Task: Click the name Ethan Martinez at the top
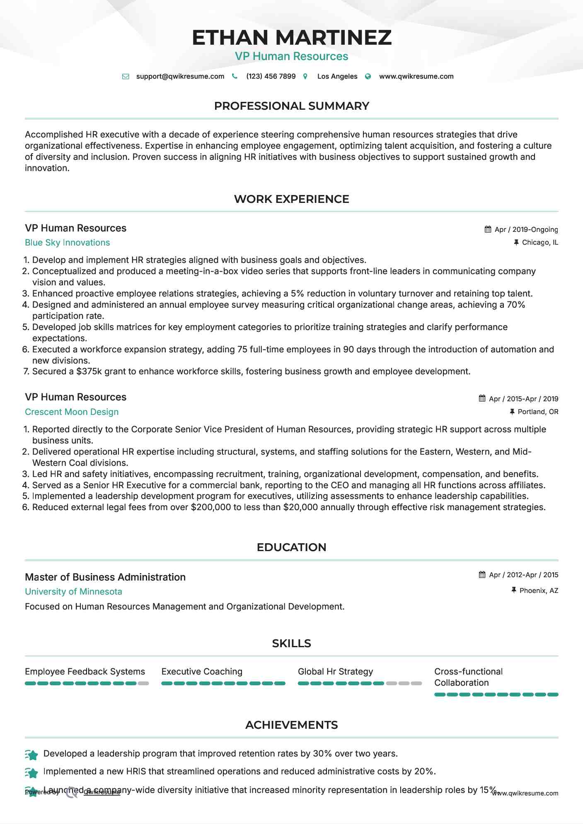291,37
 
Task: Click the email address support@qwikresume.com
180,76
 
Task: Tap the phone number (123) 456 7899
271,76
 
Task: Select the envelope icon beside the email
126,77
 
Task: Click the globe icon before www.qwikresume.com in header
368,77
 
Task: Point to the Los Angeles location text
337,76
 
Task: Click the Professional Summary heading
291,106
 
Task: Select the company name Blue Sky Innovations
67,243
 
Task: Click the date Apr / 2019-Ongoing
526,229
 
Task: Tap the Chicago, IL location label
539,243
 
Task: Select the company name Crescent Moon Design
72,412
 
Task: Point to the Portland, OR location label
537,412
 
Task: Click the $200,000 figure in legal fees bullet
210,507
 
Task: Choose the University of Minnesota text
73,592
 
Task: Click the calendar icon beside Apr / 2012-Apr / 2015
482,575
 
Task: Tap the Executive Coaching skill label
202,672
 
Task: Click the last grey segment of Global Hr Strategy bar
416,683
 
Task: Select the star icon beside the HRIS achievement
32,772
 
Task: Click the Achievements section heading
291,725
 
